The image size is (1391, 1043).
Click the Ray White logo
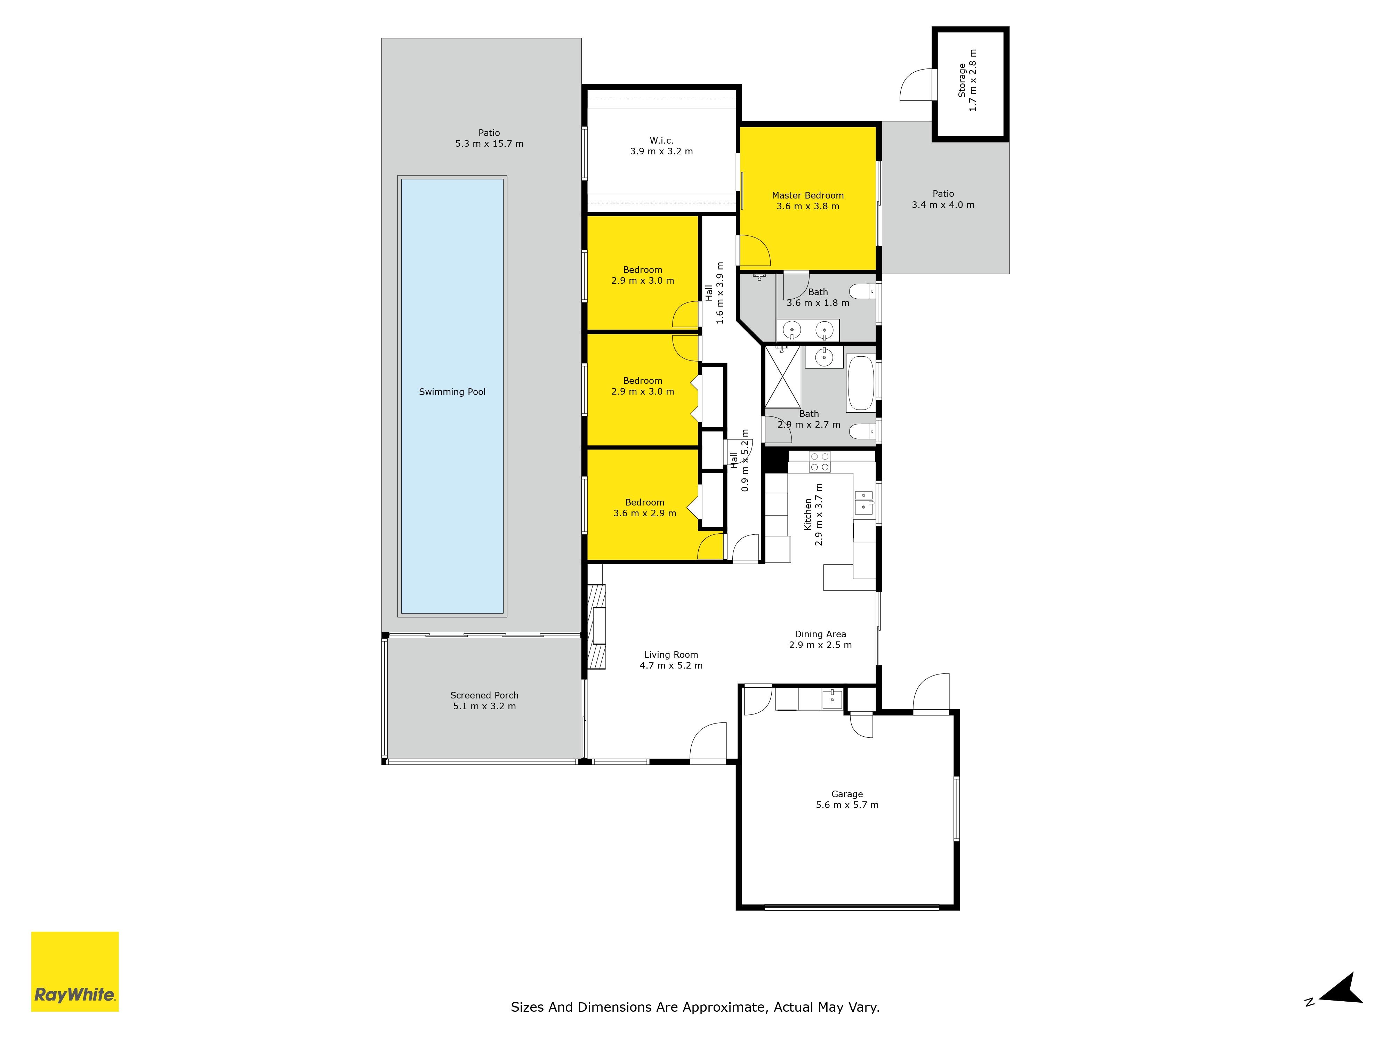tap(75, 971)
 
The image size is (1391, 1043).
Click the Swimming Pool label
tap(452, 392)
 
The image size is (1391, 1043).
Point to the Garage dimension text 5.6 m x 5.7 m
tap(847, 805)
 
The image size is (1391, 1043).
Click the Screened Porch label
tap(484, 695)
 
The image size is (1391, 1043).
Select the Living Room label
tap(671, 654)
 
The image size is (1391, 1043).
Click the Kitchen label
tap(808, 514)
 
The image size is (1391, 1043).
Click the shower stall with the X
tap(782, 376)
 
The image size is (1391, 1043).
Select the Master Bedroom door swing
tap(753, 250)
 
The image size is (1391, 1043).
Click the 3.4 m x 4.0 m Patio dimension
tap(943, 205)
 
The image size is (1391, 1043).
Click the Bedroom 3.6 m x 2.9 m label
tap(645, 508)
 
